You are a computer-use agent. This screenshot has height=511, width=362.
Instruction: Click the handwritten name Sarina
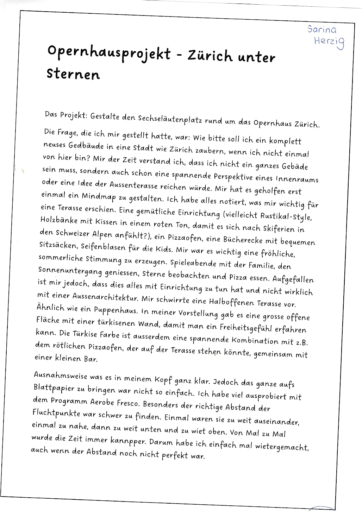[322, 30]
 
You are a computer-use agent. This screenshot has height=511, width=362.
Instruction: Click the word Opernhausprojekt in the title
[109, 53]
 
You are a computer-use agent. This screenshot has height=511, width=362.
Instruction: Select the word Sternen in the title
[73, 74]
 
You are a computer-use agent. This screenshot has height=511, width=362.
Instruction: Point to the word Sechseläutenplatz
[170, 119]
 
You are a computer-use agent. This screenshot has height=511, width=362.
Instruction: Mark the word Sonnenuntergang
[70, 271]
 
